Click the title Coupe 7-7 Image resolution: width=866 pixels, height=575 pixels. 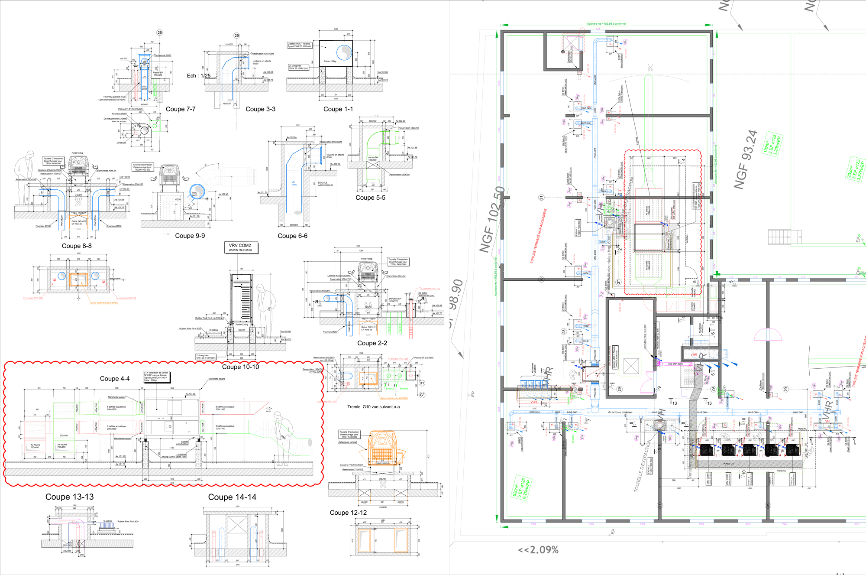click(x=181, y=109)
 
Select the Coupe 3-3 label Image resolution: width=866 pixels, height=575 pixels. click(x=260, y=109)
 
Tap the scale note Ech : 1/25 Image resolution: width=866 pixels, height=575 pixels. click(x=199, y=76)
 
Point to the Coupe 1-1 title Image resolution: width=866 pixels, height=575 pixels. click(x=338, y=109)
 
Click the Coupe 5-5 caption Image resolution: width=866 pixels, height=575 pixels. click(x=370, y=198)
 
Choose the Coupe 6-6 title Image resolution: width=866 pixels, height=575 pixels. click(x=292, y=236)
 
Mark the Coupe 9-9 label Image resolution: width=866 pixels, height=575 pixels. click(x=190, y=236)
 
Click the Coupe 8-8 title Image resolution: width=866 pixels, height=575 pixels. click(x=77, y=246)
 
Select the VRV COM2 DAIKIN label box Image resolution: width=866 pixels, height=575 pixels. click(x=240, y=247)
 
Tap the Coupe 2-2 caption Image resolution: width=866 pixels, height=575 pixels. click(x=372, y=343)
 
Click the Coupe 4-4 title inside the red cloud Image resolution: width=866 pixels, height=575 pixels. click(x=115, y=379)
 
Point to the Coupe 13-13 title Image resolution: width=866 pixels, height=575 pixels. click(x=69, y=497)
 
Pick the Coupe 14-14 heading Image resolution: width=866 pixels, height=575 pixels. click(x=232, y=497)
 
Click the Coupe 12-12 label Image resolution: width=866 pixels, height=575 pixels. click(x=348, y=513)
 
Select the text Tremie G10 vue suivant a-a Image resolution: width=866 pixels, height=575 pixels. click(x=373, y=407)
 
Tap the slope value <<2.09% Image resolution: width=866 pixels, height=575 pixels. click(x=538, y=550)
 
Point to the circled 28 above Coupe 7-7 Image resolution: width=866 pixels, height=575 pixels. click(x=160, y=32)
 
